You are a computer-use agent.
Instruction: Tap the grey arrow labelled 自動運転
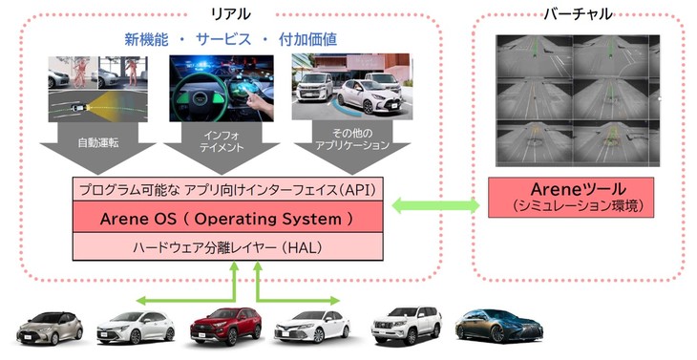[x=96, y=148]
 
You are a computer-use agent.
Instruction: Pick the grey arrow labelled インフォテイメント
[x=222, y=148]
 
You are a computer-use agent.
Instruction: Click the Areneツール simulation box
[x=570, y=196]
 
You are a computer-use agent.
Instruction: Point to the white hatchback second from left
[x=136, y=327]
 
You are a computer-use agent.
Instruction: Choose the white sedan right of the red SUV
[x=310, y=327]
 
